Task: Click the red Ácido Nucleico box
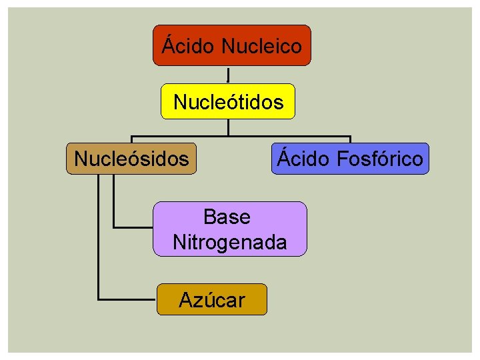click(x=231, y=45)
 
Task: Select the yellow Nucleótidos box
click(x=228, y=101)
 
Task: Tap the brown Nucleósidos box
click(x=131, y=159)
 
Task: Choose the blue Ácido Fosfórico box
click(x=350, y=159)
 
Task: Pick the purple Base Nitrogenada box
click(x=230, y=229)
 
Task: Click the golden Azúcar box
click(x=211, y=299)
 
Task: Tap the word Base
click(x=227, y=217)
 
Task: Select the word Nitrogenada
click(x=230, y=242)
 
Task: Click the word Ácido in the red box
click(x=189, y=46)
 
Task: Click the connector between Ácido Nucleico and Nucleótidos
click(x=229, y=75)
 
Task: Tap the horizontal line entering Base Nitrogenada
click(x=133, y=228)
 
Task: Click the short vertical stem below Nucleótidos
click(x=229, y=127)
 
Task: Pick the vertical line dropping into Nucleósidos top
click(x=131, y=139)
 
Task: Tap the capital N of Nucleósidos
click(x=81, y=159)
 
